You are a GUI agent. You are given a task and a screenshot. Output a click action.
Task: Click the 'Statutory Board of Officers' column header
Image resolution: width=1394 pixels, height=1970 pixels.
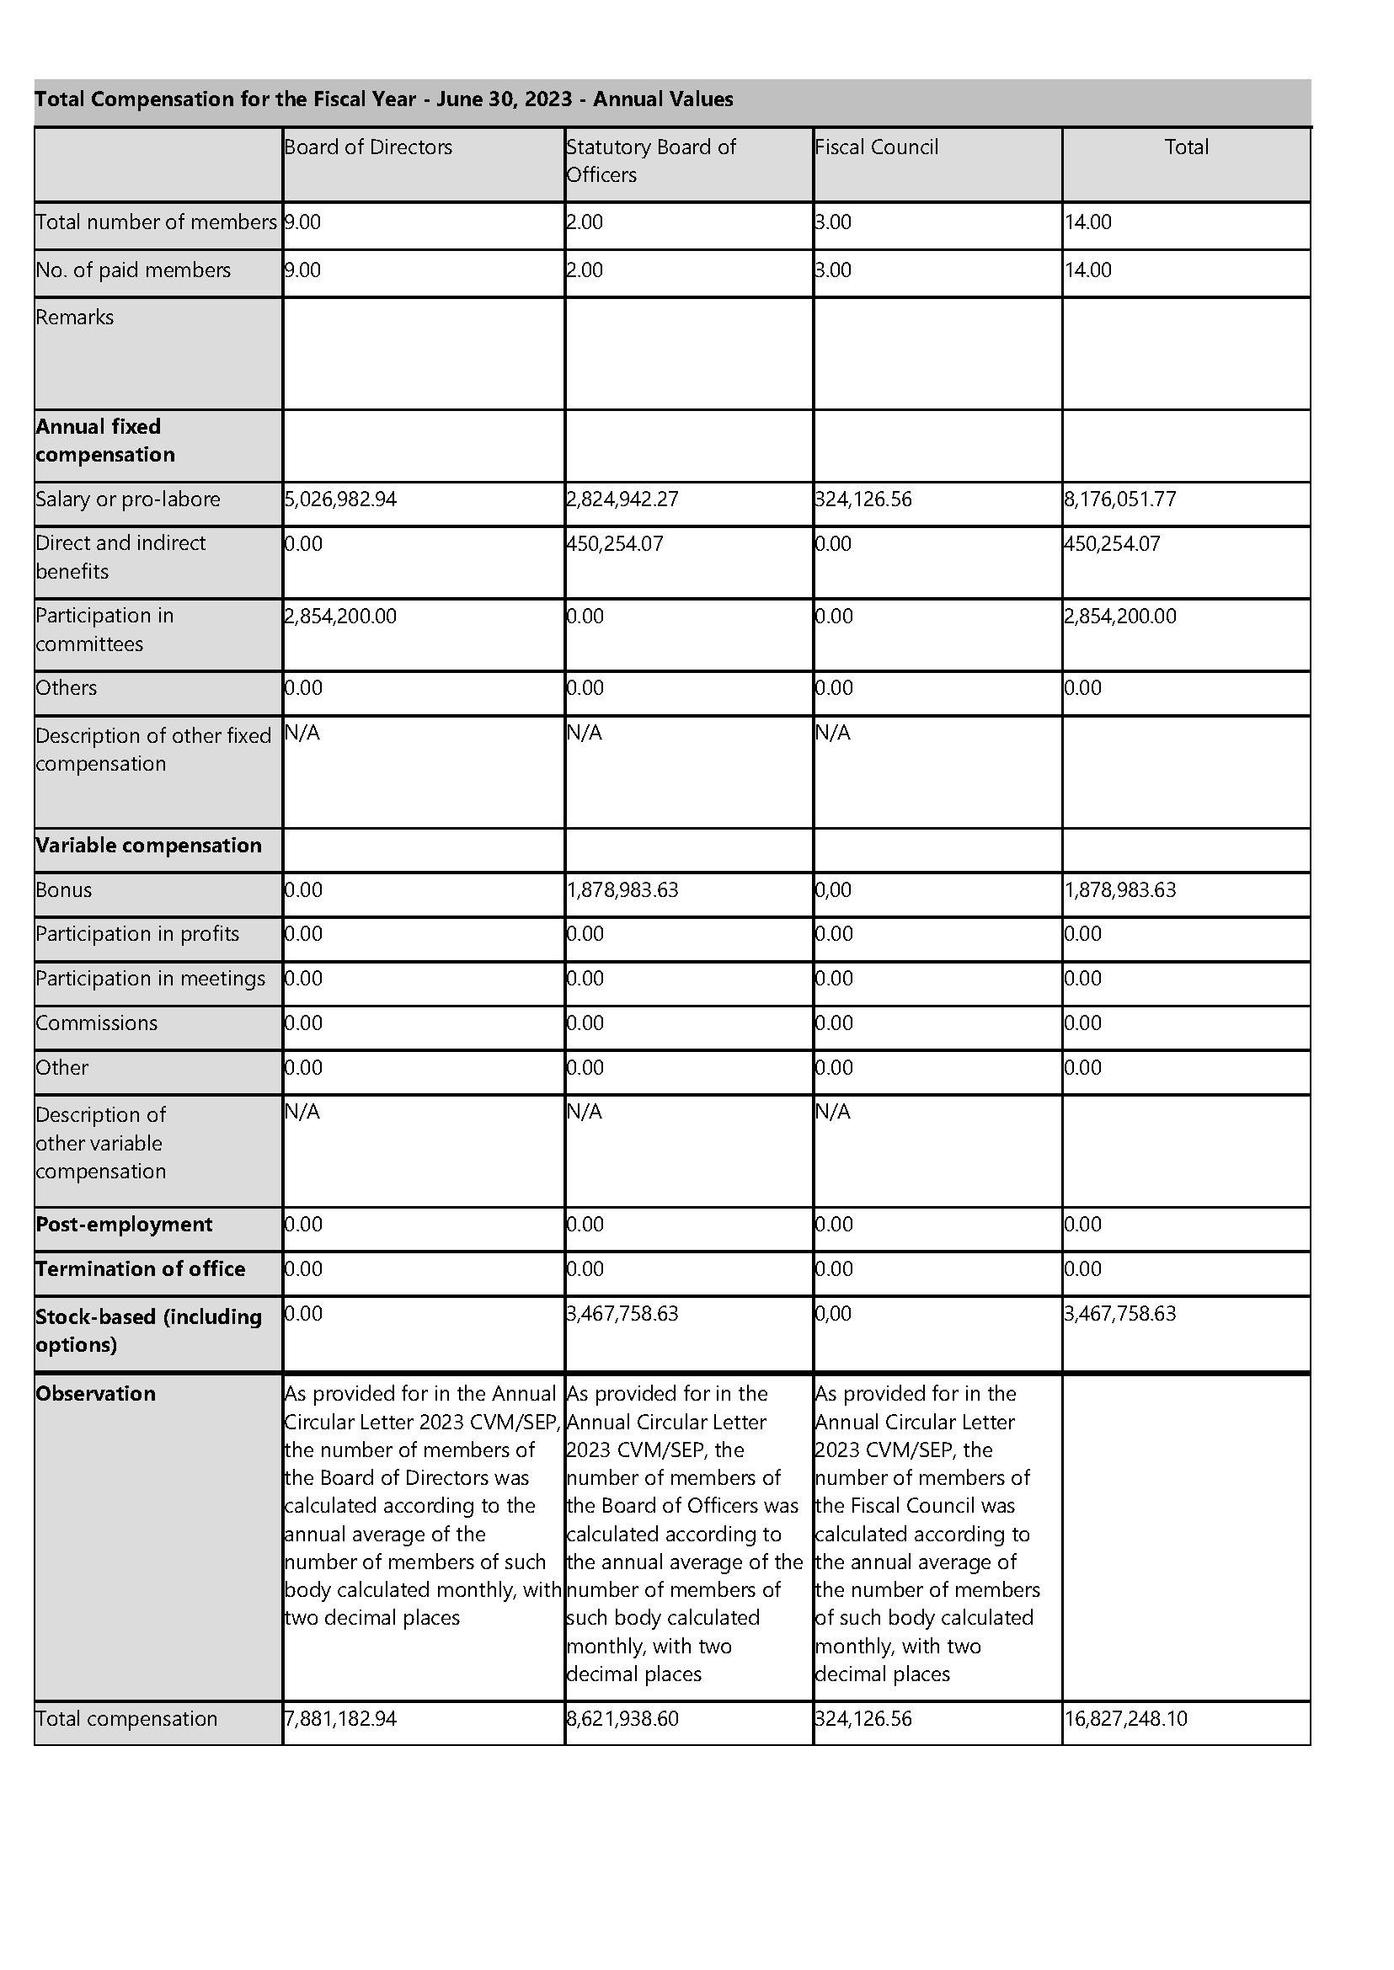[650, 161]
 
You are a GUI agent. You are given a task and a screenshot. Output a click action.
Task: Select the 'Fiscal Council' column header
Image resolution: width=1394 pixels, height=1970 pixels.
[876, 147]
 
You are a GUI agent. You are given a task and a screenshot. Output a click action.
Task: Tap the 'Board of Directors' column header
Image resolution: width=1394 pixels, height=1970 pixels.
[368, 147]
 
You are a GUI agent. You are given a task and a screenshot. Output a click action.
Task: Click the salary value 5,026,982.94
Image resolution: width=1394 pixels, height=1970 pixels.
[341, 499]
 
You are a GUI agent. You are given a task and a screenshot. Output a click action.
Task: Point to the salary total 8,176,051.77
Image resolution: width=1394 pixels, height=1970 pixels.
[1120, 499]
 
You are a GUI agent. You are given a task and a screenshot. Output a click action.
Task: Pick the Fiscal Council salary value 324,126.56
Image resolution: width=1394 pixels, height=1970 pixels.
[863, 499]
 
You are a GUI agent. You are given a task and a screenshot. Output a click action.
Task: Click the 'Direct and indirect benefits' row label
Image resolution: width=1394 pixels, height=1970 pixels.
[120, 557]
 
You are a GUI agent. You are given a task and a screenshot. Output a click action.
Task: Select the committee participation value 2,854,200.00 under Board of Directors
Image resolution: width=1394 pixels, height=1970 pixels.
[341, 617]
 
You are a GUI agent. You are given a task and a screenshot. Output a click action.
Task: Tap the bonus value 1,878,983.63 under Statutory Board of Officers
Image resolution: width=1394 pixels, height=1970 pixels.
[622, 890]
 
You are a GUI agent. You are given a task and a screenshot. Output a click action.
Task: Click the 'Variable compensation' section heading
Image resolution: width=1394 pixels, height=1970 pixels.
[148, 846]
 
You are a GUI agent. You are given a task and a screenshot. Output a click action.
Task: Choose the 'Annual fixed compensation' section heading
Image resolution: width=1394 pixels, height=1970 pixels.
[105, 440]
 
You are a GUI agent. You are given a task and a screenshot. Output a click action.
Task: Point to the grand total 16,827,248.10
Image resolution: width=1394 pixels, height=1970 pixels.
[1126, 1719]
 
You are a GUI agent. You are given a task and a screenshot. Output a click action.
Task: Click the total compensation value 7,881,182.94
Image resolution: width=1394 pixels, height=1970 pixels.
[341, 1719]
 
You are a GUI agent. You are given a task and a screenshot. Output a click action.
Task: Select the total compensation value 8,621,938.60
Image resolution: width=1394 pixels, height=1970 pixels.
[622, 1719]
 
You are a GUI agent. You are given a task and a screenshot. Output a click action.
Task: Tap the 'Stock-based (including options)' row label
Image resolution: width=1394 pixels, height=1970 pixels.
[148, 1331]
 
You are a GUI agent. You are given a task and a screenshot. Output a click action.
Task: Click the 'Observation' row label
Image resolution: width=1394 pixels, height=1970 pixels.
[95, 1394]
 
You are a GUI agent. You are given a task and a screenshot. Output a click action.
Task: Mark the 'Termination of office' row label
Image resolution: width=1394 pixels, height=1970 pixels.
[140, 1269]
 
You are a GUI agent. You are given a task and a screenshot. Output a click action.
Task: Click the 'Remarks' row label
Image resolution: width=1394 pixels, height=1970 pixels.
[75, 318]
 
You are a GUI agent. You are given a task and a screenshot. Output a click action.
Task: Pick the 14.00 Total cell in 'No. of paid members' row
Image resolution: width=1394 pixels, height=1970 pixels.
[1088, 270]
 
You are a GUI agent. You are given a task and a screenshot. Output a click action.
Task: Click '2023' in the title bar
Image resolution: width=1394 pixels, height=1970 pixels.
[548, 99]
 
